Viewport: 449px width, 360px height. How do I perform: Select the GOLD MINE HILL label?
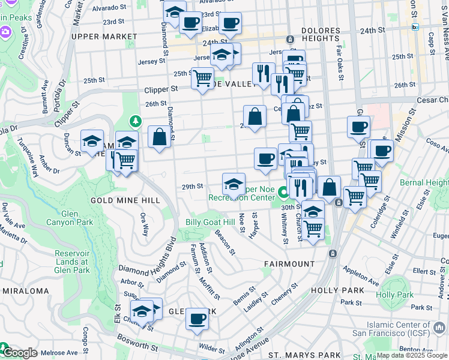pyautogui.click(x=125, y=200)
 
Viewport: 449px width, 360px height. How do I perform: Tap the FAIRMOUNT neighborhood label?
pyautogui.click(x=289, y=264)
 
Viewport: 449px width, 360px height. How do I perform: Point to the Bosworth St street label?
pyautogui.click(x=137, y=347)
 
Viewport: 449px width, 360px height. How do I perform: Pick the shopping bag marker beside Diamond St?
pyautogui.click(x=159, y=136)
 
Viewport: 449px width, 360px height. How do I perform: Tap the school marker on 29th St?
pyautogui.click(x=234, y=183)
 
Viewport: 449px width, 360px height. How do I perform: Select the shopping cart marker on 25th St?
pyautogui.click(x=203, y=77)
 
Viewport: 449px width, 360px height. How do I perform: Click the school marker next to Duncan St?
pyautogui.click(x=92, y=140)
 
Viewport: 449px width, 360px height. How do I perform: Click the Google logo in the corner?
pyautogui.click(x=19, y=353)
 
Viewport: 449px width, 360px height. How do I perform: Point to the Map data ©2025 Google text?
pyautogui.click(x=411, y=355)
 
